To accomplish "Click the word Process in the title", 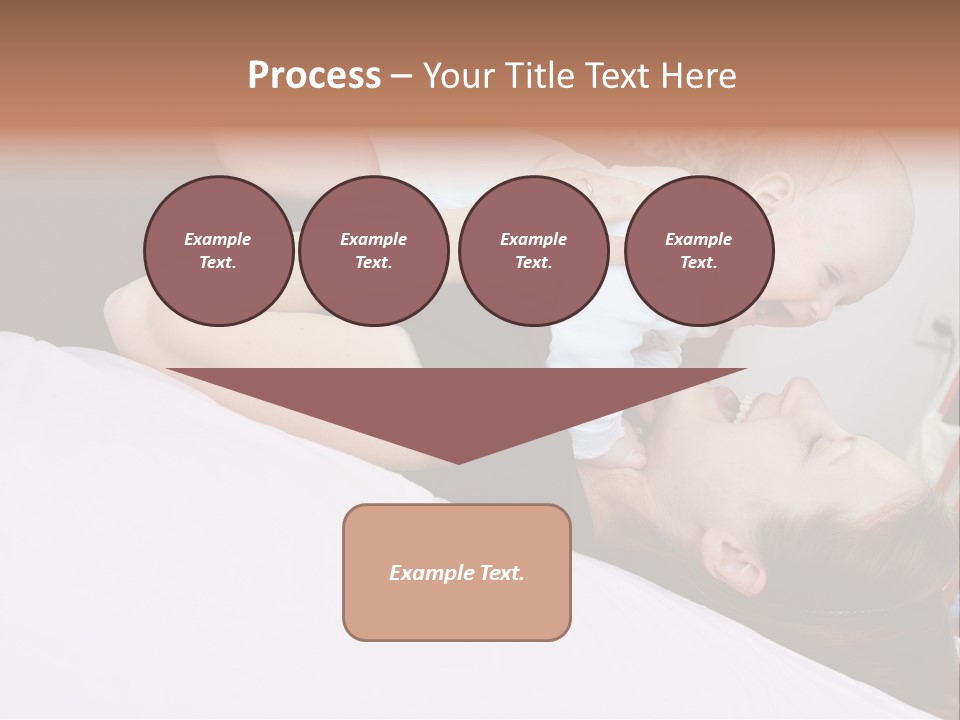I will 314,76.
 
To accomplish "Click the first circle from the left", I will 218,250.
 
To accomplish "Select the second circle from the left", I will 373,250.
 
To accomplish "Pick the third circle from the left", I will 533,250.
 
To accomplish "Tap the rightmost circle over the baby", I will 698,250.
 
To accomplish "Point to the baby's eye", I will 833,272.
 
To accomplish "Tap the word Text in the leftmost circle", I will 218,262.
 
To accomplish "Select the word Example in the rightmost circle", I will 698,239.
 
